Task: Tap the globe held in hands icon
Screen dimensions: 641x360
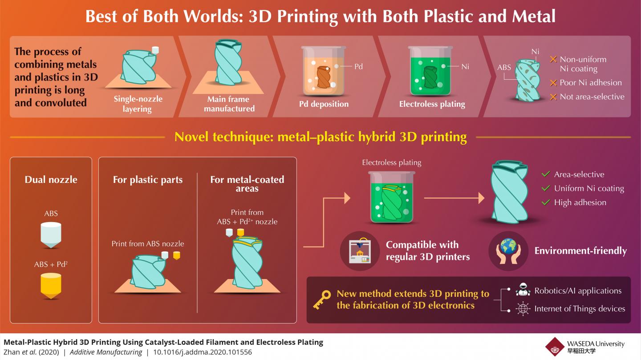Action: tap(508, 251)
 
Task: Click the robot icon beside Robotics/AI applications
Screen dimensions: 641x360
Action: tap(523, 289)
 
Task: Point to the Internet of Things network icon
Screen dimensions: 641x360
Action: tap(523, 309)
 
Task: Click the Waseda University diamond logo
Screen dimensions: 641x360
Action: tap(555, 347)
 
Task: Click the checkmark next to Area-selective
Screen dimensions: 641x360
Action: tap(546, 174)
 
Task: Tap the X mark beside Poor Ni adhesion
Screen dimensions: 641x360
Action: tap(553, 83)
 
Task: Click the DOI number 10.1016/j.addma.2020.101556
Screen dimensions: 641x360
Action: tap(203, 352)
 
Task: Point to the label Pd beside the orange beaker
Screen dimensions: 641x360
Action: tap(358, 66)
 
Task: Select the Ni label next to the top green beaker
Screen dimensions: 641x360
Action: tap(465, 66)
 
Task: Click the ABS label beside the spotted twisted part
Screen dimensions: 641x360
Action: tap(504, 67)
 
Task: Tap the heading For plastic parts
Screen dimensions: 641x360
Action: tap(148, 180)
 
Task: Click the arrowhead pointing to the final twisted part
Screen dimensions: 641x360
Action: tap(481, 198)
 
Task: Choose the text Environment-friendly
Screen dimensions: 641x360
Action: tap(580, 251)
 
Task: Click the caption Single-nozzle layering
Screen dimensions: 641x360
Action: tap(138, 104)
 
